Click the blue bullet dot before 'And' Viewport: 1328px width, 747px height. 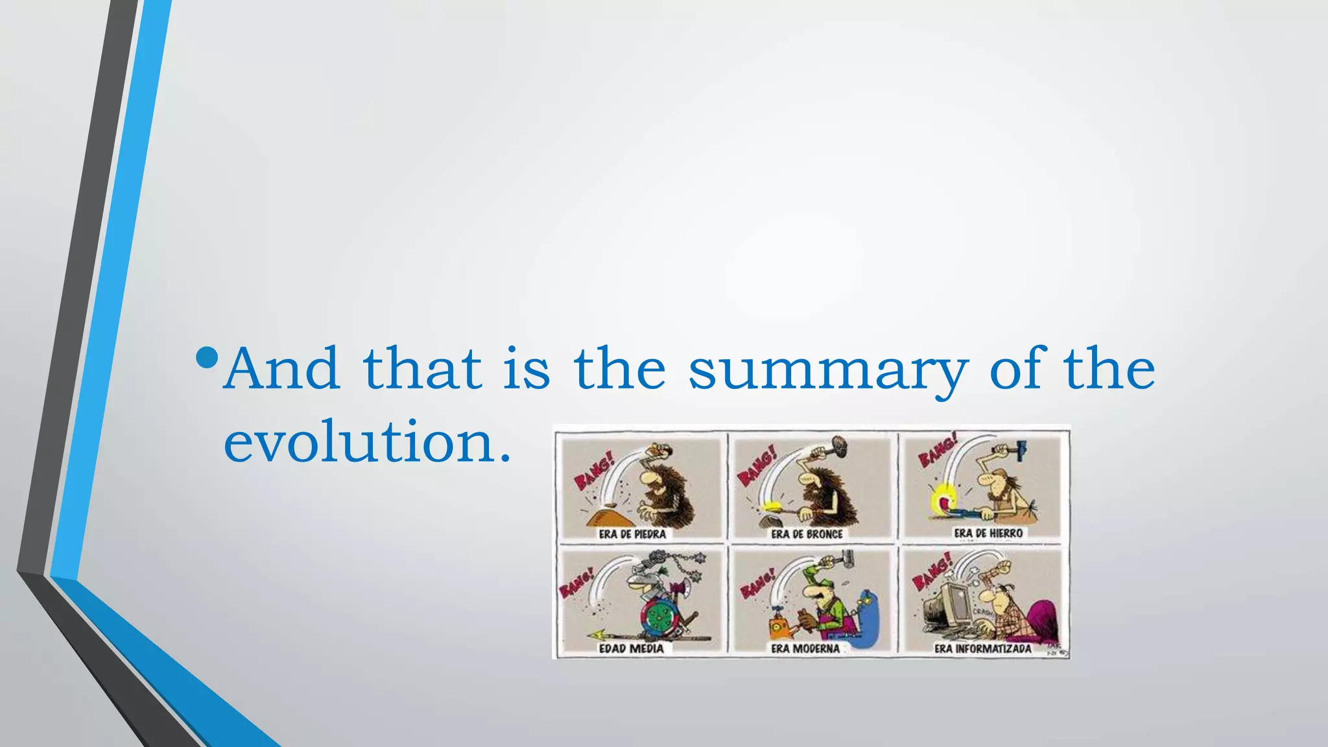tap(207, 357)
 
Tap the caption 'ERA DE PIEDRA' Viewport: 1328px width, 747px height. tap(632, 534)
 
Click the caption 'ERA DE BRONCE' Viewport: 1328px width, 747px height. tap(807, 534)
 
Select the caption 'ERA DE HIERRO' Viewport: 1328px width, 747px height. tap(988, 533)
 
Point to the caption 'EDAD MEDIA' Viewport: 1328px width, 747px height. tap(631, 648)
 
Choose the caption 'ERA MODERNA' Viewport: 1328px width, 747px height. tap(805, 648)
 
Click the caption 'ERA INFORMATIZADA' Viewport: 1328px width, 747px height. tap(982, 648)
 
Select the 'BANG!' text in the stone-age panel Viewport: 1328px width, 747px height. tap(593, 473)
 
